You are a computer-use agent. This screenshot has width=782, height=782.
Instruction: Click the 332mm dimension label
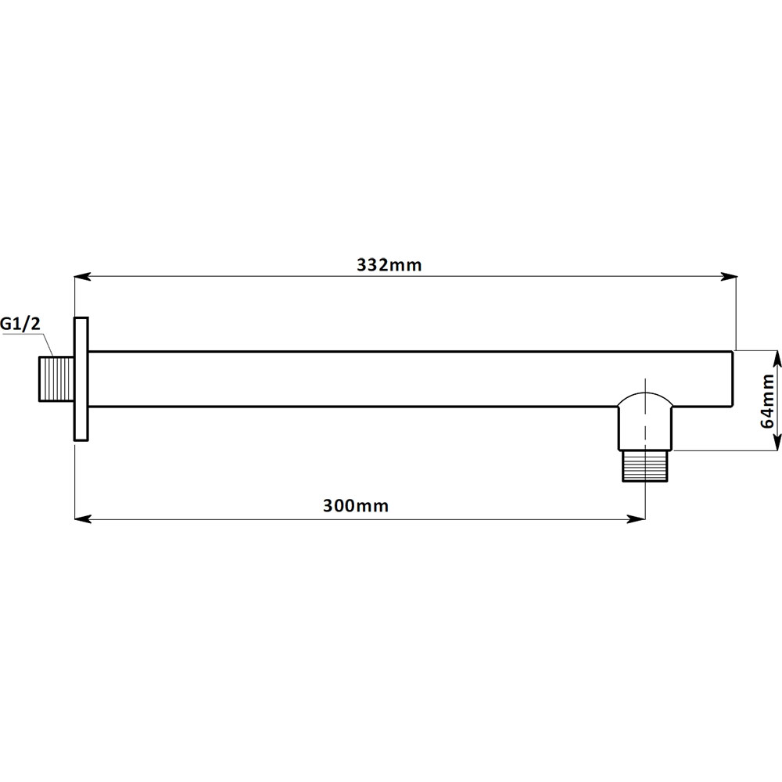(389, 264)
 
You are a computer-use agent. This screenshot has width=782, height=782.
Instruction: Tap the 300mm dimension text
(356, 506)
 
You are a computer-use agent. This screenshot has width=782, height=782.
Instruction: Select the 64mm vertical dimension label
(768, 401)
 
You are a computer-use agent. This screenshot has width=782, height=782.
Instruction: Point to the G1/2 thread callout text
(20, 325)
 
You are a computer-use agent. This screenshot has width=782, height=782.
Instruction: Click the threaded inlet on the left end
(57, 378)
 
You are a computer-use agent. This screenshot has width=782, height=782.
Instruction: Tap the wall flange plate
(81, 379)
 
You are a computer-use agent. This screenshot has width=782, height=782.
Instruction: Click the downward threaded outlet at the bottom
(645, 466)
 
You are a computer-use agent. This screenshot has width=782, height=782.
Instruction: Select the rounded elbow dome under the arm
(645, 399)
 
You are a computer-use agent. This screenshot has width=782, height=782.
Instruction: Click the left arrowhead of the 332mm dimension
(83, 276)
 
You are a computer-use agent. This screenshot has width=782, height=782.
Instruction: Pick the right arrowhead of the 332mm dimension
(728, 276)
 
